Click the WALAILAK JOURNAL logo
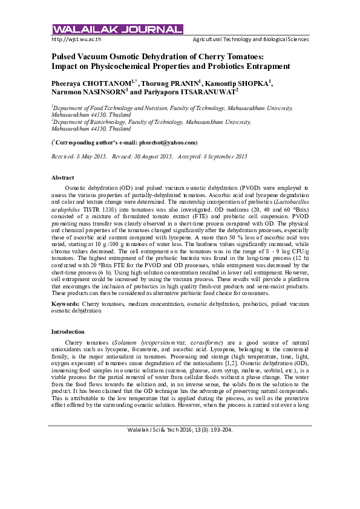click(117, 29)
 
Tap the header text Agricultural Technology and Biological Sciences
click(250, 39)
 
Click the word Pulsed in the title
click(65, 56)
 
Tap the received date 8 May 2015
click(93, 157)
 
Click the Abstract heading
click(63, 178)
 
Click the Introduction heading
click(68, 332)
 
